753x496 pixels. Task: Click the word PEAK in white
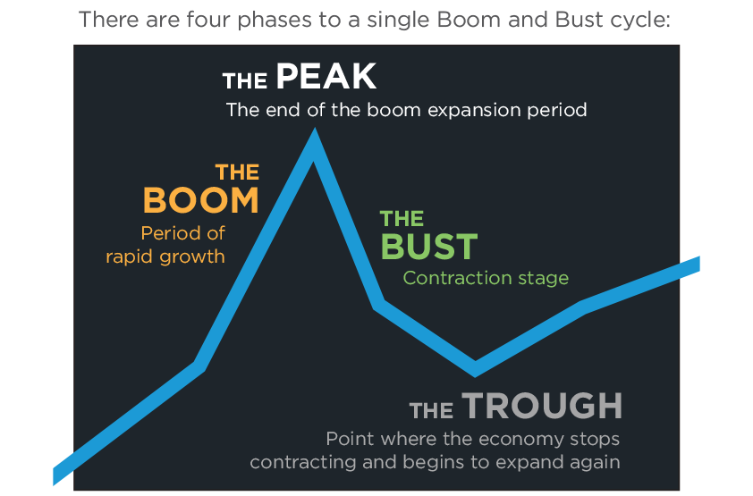(326, 78)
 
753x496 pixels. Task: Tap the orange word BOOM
(200, 200)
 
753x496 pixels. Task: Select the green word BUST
(429, 247)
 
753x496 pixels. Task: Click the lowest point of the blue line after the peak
(475, 367)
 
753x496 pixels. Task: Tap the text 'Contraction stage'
(486, 278)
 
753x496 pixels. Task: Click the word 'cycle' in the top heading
(641, 19)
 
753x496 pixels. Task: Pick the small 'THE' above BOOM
(237, 172)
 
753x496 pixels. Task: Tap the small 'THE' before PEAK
(245, 82)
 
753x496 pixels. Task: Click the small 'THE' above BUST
(402, 219)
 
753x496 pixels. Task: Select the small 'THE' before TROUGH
(432, 410)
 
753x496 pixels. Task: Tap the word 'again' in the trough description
(597, 463)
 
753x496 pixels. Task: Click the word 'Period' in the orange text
(170, 233)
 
